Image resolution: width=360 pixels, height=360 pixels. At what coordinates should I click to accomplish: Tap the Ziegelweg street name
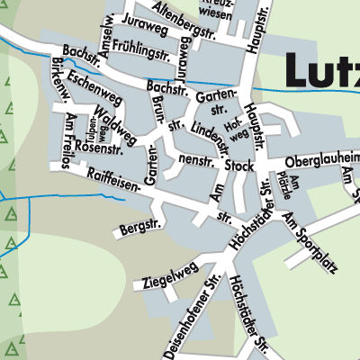point(168,272)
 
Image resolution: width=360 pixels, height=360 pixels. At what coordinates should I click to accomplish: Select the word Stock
point(239,166)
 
